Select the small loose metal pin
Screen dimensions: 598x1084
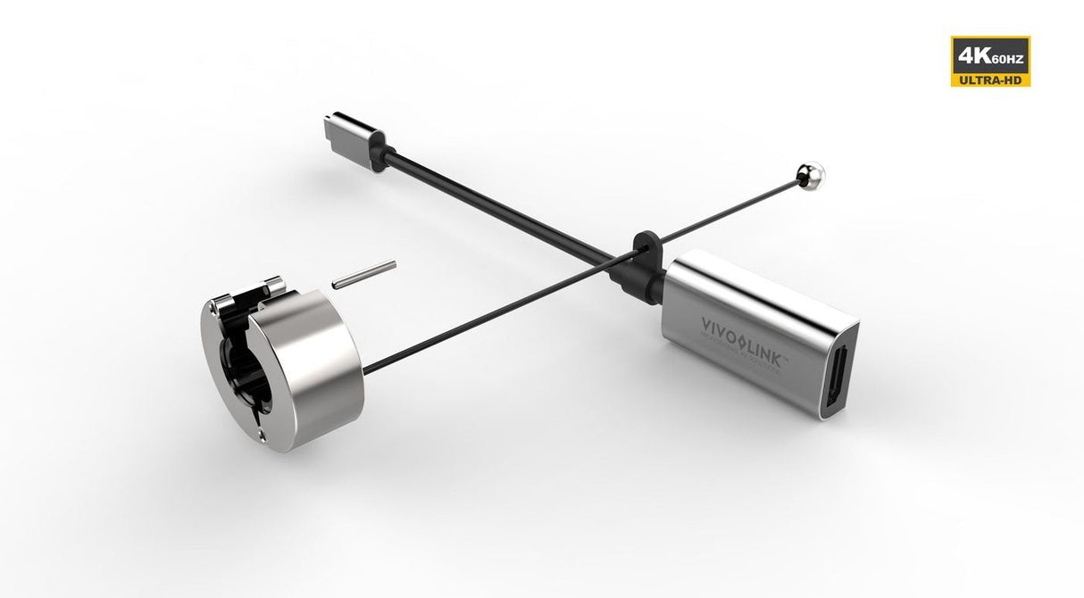pyautogui.click(x=363, y=274)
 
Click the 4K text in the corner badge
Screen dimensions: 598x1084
pyautogui.click(x=971, y=57)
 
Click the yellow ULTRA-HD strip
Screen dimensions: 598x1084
pyautogui.click(x=991, y=80)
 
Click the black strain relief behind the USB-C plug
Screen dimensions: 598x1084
pyautogui.click(x=378, y=150)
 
